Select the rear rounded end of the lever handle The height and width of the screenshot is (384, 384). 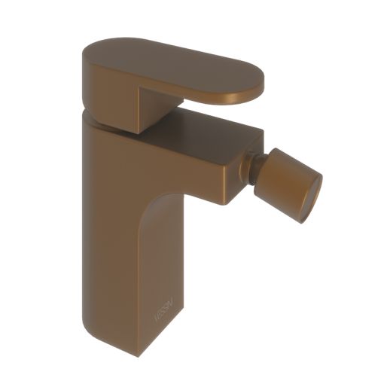pyautogui.click(x=87, y=53)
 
